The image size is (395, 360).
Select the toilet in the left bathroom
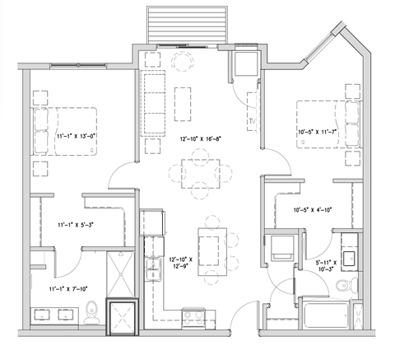click(92, 311)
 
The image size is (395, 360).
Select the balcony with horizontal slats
click(184, 24)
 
